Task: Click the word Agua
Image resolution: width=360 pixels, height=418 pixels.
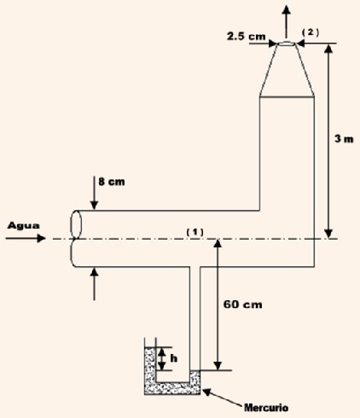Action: [x=24, y=225]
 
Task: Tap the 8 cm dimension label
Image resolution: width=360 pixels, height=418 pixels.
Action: [x=112, y=182]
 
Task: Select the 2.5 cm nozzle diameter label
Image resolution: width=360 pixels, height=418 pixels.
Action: [x=246, y=36]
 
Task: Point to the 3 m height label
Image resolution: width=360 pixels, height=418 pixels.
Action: [x=344, y=139]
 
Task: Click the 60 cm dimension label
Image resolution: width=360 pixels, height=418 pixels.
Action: [x=242, y=305]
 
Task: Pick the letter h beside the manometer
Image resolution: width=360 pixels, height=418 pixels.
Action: [x=173, y=358]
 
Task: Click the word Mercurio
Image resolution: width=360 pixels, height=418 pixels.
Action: [x=266, y=408]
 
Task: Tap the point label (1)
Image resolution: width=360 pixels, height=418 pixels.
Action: [x=195, y=232]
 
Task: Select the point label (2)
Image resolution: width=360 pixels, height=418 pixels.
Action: [x=311, y=32]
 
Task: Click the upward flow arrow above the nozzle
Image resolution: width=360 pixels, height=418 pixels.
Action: [x=287, y=21]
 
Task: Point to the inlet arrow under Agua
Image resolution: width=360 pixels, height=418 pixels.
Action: [x=26, y=238]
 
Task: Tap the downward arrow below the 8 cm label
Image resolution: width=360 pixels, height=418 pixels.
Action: [x=94, y=193]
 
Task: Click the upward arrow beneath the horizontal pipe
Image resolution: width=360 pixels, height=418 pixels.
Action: [x=94, y=284]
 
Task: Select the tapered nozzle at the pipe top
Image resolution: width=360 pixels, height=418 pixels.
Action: [x=287, y=69]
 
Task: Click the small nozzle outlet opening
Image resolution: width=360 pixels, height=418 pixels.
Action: [x=287, y=44]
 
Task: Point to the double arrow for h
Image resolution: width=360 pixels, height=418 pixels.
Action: [x=161, y=359]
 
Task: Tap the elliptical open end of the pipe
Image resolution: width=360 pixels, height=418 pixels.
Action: [x=76, y=224]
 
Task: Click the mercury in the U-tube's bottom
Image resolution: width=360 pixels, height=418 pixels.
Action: [x=172, y=388]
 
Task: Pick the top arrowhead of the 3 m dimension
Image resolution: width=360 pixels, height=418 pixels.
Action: [x=328, y=48]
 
